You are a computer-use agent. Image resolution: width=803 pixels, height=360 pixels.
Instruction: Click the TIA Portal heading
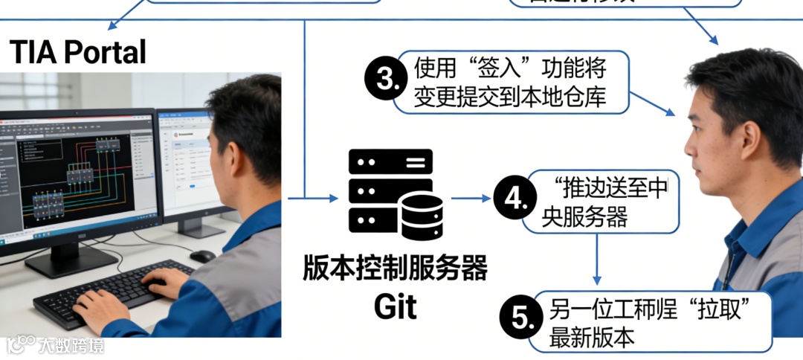point(77,52)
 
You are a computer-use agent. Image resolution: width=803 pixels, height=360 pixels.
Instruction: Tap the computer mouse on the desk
point(201,256)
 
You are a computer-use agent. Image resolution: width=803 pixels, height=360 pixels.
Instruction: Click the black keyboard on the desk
point(112,290)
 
